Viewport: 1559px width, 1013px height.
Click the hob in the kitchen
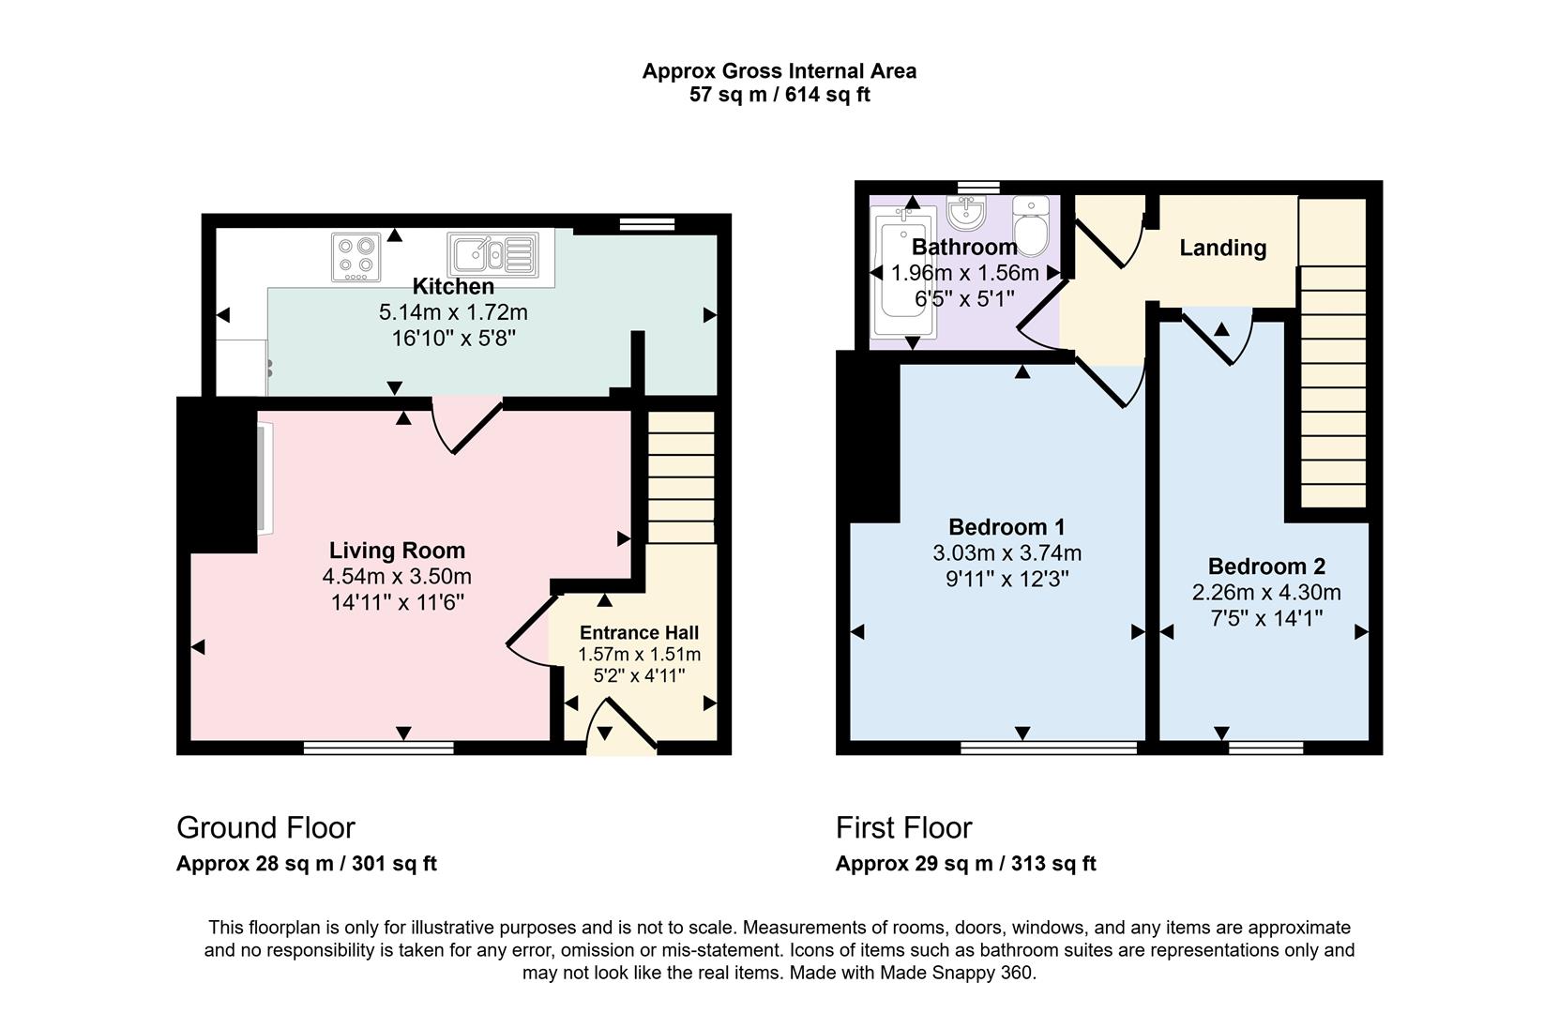356,257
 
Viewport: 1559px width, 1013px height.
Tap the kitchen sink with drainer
493,254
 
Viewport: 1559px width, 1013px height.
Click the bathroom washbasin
966,213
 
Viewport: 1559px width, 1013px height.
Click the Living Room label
397,551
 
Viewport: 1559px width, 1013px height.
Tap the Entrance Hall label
639,632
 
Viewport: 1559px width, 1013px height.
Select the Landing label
1222,248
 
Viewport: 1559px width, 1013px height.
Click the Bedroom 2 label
1266,567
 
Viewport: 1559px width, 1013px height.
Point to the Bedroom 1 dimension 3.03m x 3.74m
1007,553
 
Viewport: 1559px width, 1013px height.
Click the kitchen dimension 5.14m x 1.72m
453,312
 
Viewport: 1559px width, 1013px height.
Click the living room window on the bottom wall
378,748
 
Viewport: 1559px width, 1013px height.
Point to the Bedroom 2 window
1265,748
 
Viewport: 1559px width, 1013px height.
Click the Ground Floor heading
265,827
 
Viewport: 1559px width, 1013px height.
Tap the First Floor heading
903,827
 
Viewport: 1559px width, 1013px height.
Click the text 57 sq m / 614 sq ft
779,95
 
